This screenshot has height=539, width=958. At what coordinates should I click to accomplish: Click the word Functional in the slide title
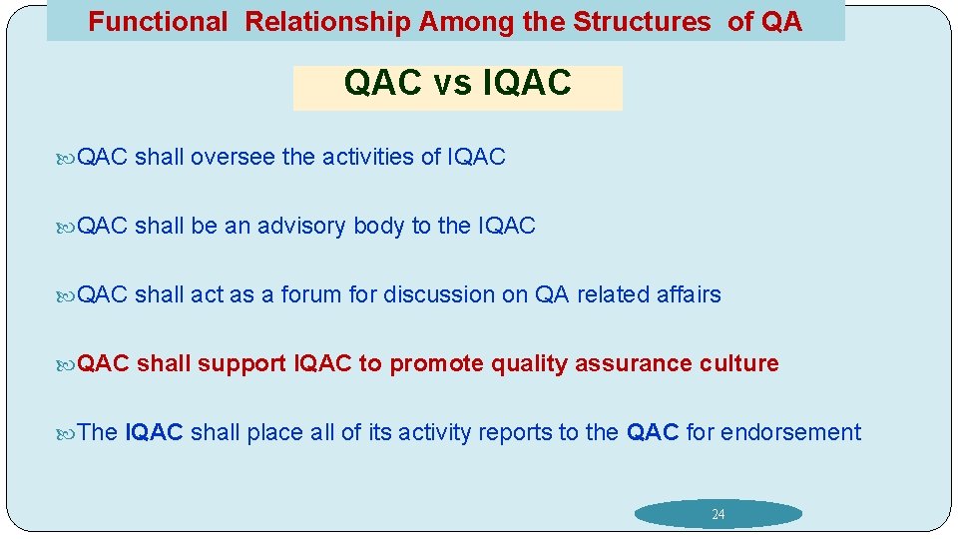158,22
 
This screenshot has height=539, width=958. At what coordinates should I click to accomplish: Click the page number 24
718,515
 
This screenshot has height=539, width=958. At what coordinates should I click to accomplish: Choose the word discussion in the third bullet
438,294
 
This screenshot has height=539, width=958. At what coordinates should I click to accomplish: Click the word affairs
688,294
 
